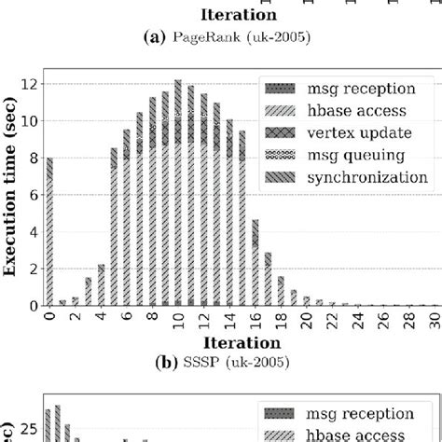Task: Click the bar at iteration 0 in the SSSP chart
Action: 49,231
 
